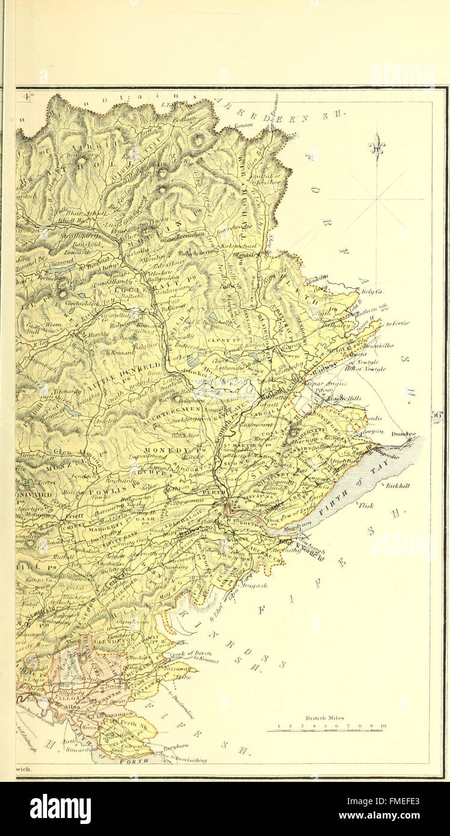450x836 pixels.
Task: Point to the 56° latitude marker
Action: (438, 415)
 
